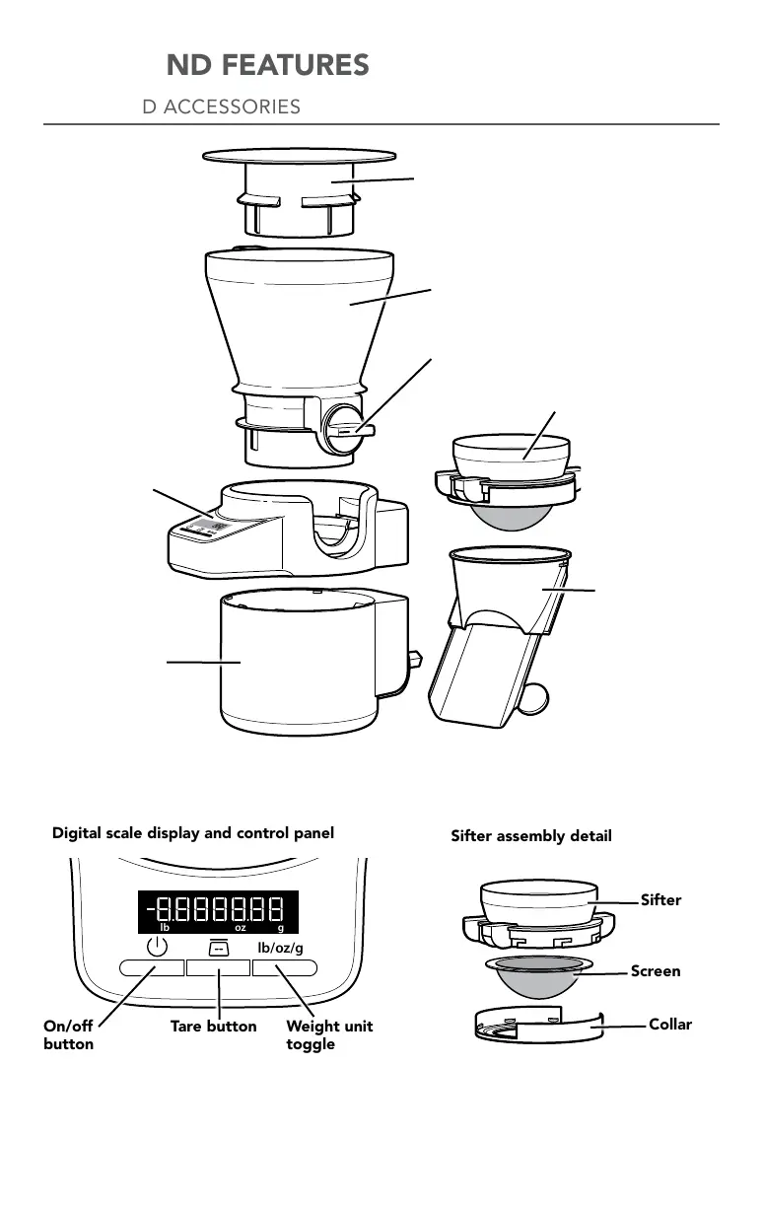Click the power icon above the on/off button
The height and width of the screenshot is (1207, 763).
[156, 947]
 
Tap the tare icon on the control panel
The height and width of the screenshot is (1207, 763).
[218, 947]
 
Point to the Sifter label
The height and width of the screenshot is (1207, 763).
[661, 900]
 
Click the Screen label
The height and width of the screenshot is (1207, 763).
[656, 971]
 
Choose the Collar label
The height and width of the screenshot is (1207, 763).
[670, 1025]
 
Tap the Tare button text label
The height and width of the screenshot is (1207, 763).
[213, 1027]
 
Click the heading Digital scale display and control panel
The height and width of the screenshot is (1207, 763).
[192, 833]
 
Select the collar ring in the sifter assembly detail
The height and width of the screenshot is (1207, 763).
[537, 1027]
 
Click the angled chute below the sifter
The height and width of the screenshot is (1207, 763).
[483, 671]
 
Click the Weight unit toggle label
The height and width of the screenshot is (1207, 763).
[329, 1035]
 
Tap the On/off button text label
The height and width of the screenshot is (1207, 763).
[69, 1035]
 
